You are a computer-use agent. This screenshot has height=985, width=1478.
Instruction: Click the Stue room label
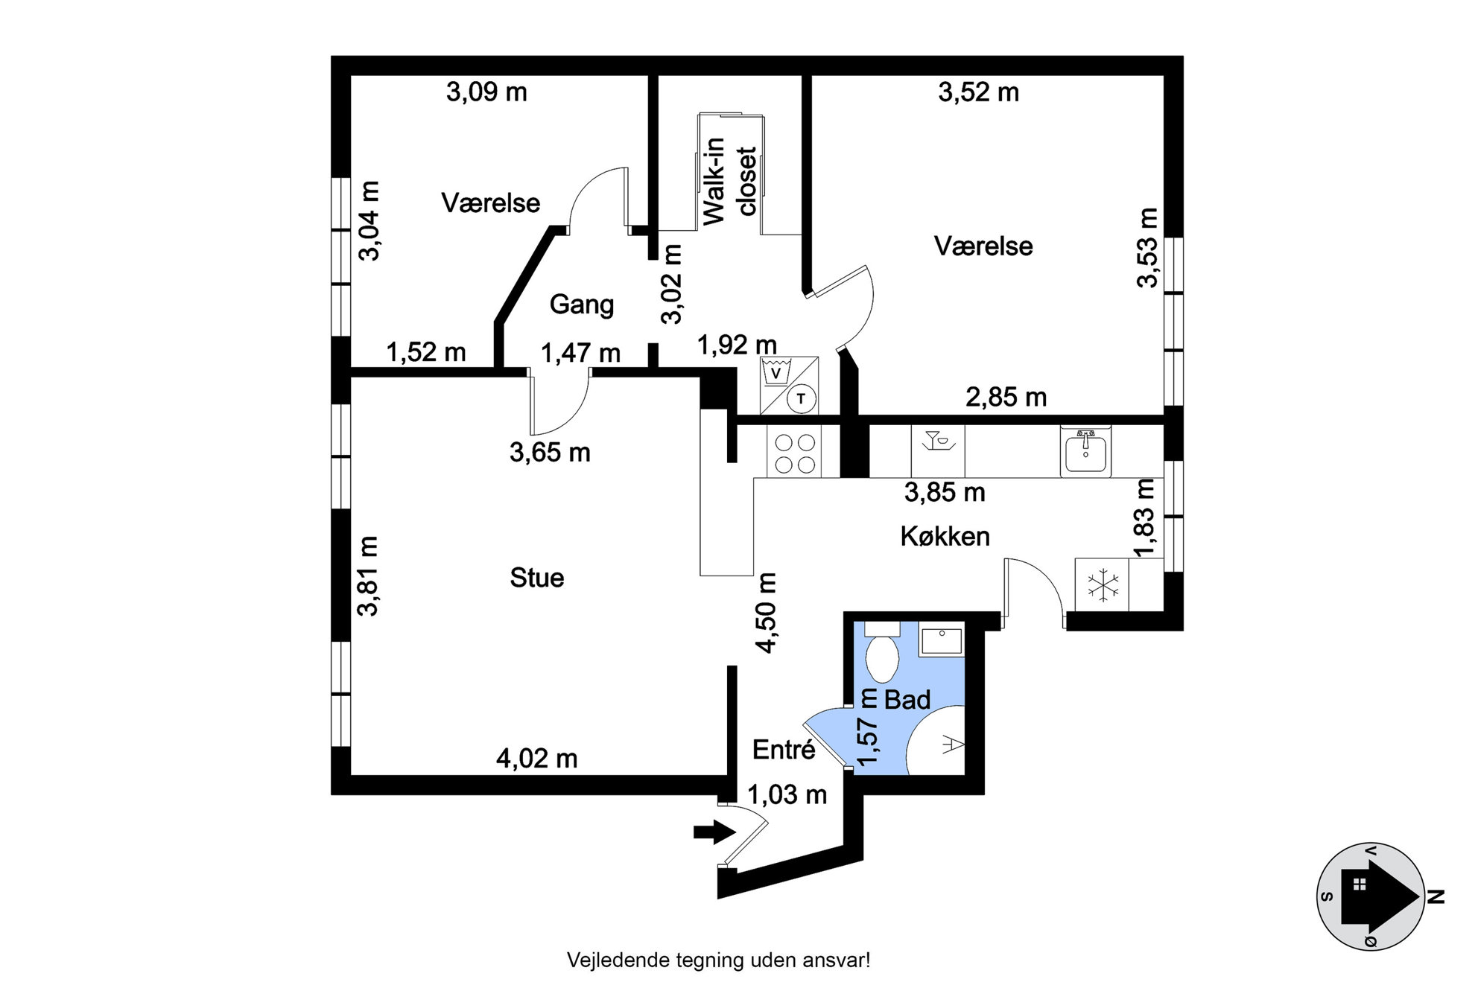click(536, 578)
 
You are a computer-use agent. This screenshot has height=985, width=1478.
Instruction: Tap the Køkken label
click(945, 536)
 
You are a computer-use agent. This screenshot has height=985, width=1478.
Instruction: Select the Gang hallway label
click(582, 305)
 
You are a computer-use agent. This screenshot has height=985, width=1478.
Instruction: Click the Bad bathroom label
click(907, 700)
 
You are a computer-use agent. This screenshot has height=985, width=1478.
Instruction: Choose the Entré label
click(784, 749)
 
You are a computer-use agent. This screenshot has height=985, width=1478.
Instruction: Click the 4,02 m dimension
click(536, 759)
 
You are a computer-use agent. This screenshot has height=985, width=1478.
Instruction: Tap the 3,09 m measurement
click(486, 92)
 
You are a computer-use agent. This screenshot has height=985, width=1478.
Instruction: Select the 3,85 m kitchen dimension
click(945, 492)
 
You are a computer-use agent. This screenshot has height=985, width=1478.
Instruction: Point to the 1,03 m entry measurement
click(787, 795)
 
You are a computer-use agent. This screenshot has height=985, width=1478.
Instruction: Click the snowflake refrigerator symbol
click(1102, 585)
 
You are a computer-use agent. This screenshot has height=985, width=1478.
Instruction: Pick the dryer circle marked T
click(801, 398)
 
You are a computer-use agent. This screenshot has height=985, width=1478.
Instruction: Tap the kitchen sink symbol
click(1085, 451)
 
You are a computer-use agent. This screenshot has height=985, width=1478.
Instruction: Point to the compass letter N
click(1436, 897)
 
